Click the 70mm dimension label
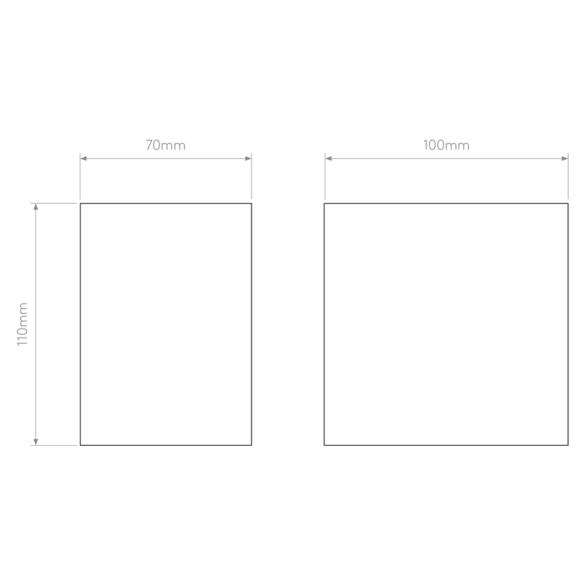tap(165, 145)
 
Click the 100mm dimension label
tap(446, 145)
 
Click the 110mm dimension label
tap(23, 324)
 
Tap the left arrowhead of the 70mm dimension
tap(84, 159)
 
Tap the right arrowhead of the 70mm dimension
tap(248, 159)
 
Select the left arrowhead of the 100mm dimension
tap(329, 159)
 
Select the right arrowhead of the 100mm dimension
tap(565, 159)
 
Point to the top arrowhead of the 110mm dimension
tap(36, 207)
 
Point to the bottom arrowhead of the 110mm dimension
tap(36, 442)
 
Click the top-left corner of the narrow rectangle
tap(80, 203)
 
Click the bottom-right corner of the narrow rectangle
tap(251, 445)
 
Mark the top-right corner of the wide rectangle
tap(568, 203)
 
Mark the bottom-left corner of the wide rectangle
tap(325, 445)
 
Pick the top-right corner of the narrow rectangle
tap(251, 203)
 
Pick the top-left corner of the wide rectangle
tap(325, 203)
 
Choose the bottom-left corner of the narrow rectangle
tap(80, 445)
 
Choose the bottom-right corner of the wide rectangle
tap(568, 445)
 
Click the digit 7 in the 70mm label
tap(149, 145)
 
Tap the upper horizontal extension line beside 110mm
tap(53, 203)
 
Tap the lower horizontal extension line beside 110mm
tap(53, 445)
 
